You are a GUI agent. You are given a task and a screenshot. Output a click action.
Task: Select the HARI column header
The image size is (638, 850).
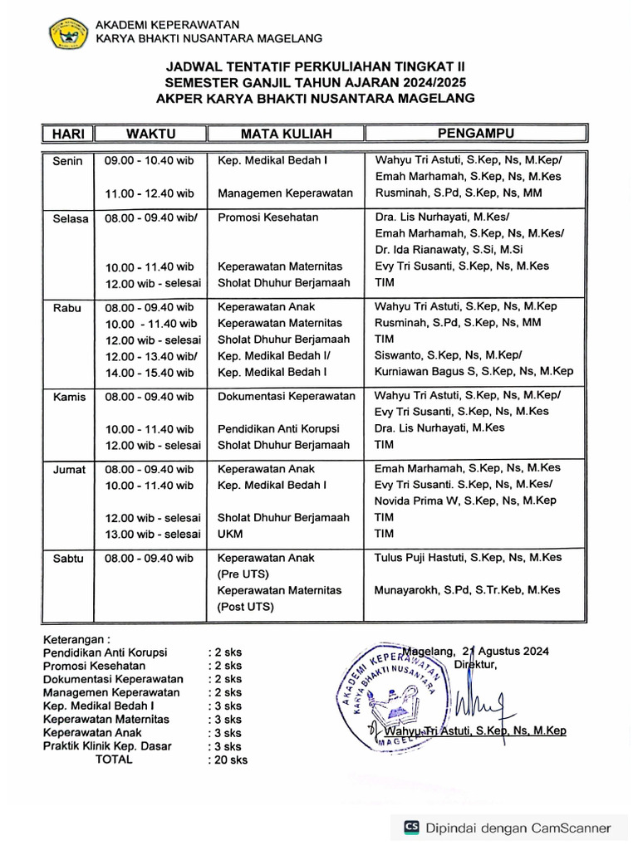(67, 133)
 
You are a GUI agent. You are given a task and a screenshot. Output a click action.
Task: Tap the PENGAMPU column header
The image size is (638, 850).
(476, 133)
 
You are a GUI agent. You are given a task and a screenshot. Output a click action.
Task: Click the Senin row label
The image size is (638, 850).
(67, 161)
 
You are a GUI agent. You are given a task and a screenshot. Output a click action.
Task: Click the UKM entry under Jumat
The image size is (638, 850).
(230, 534)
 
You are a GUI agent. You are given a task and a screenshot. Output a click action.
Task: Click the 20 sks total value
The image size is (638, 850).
(229, 760)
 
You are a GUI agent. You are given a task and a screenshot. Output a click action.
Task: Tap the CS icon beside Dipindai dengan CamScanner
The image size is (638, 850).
(411, 827)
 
